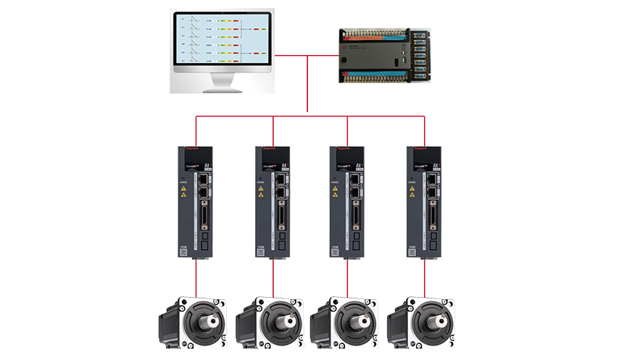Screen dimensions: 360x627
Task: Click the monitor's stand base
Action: click(220, 90)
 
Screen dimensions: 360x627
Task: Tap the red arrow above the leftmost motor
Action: click(196, 277)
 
